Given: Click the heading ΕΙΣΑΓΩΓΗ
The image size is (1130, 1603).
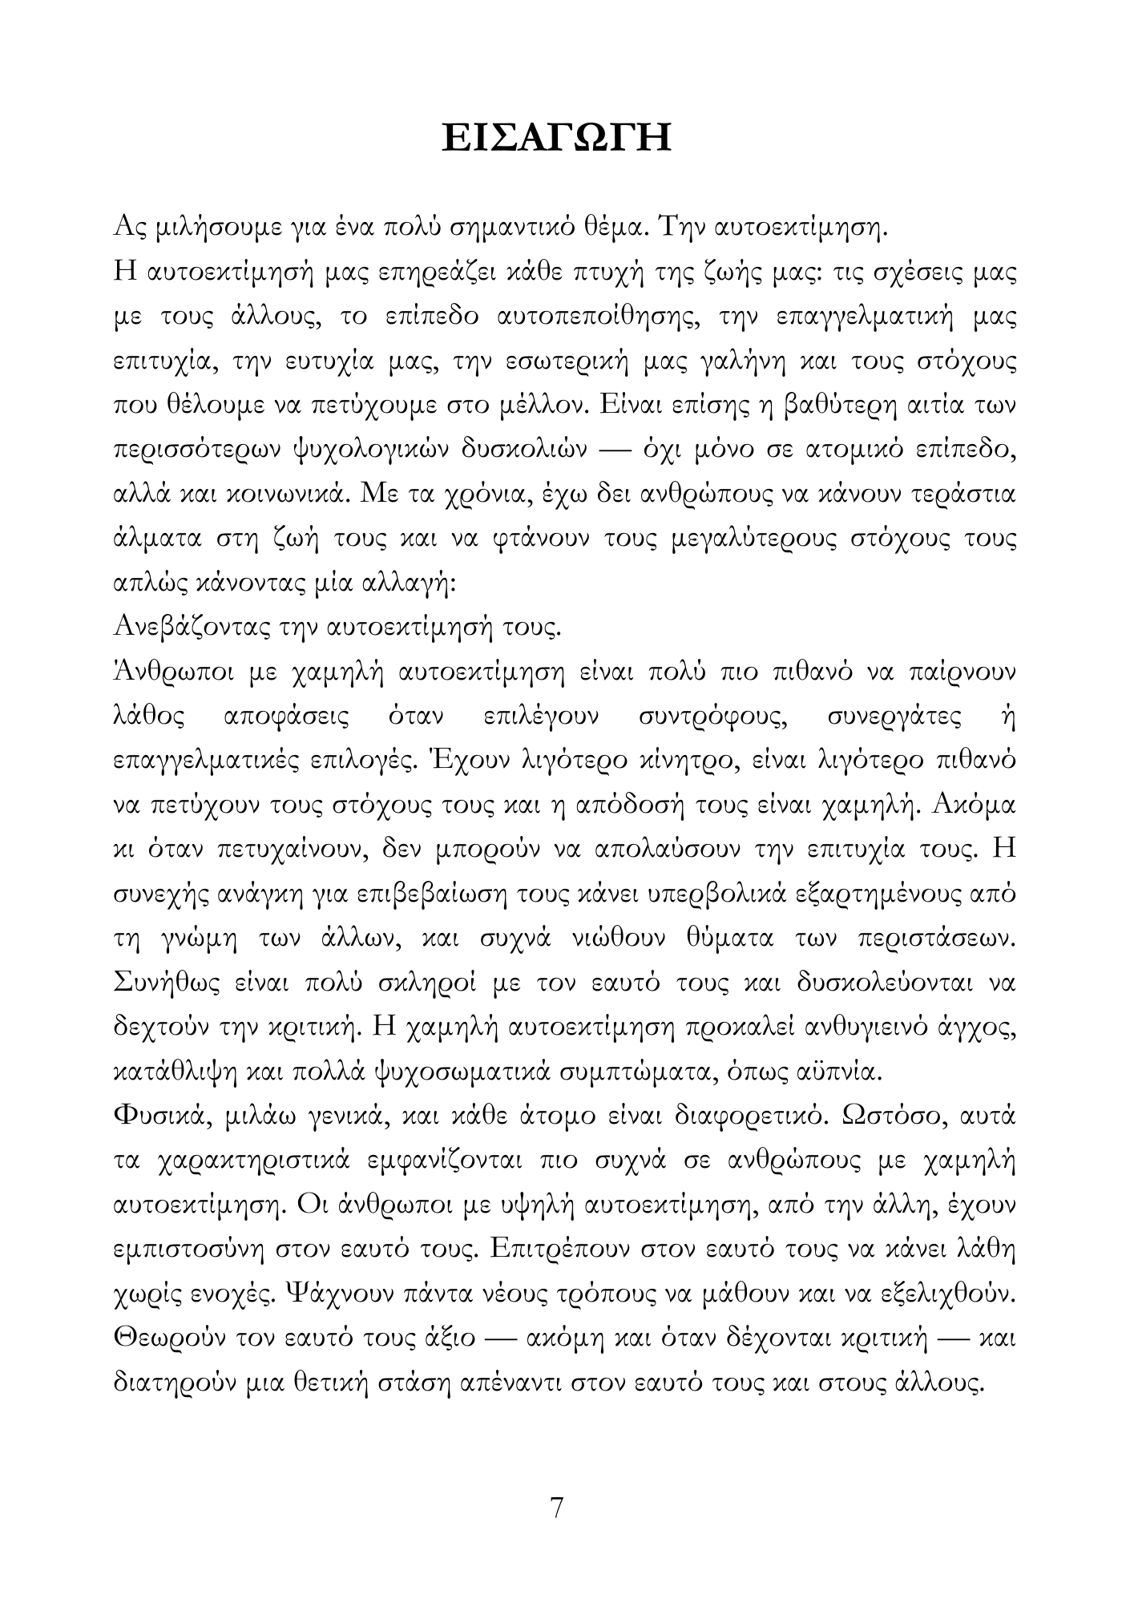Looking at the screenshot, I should (x=557, y=138).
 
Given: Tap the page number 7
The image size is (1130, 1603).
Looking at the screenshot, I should (x=557, y=1508).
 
